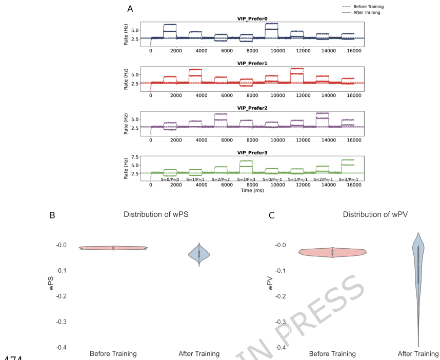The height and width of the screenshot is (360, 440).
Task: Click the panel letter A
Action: click(130, 9)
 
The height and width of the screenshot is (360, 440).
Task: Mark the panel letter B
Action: click(52, 216)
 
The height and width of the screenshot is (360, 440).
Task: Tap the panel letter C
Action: click(272, 216)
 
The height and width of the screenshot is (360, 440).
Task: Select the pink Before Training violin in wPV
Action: click(332, 252)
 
